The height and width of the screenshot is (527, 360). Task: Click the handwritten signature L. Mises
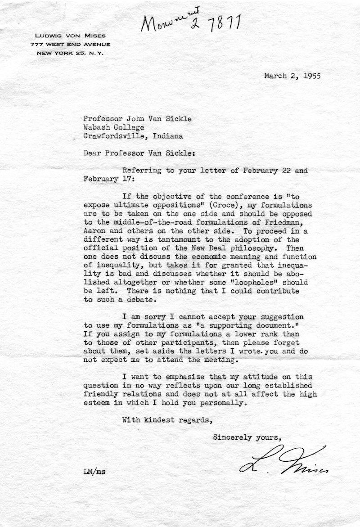[x=283, y=463]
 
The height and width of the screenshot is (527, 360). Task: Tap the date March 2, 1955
[x=292, y=76]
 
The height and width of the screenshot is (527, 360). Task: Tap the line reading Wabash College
[x=113, y=127]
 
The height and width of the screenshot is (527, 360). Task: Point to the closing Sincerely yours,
[x=247, y=437]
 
